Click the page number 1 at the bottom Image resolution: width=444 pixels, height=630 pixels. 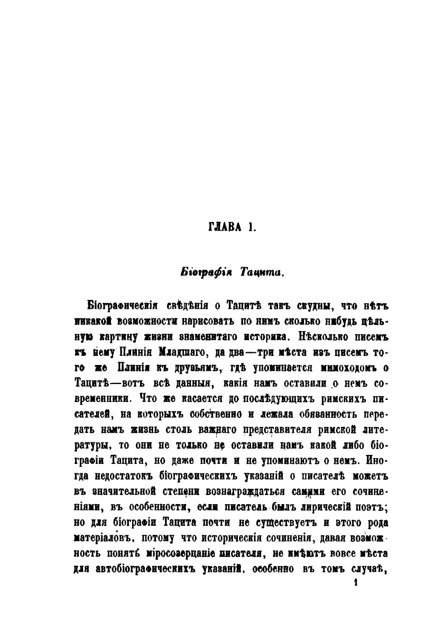pos(357,582)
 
